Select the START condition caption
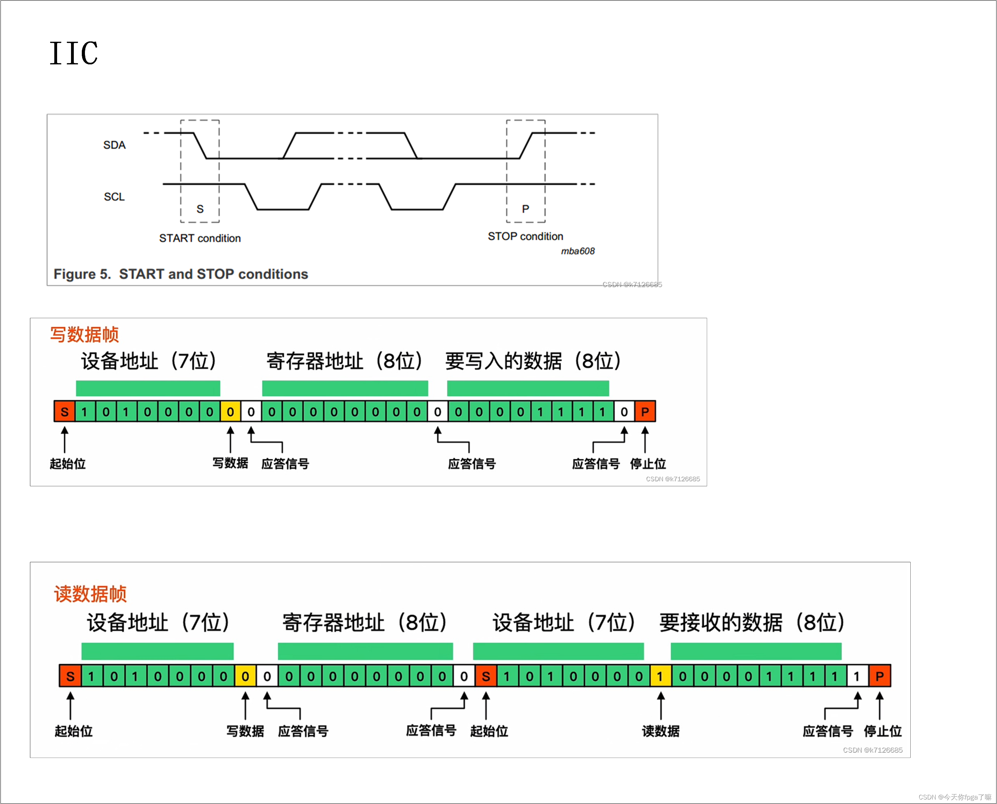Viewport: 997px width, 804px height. (200, 238)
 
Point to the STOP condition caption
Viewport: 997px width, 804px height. (525, 236)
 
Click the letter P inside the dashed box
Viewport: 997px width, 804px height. (525, 209)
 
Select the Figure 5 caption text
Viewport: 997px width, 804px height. (181, 274)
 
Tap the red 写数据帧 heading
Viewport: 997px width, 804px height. (84, 334)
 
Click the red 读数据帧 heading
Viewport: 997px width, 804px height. (91, 594)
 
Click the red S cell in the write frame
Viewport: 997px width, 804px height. (64, 412)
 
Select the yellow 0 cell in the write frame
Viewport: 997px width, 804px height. (230, 412)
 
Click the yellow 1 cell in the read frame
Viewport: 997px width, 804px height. (660, 677)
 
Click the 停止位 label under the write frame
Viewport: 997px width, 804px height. (648, 464)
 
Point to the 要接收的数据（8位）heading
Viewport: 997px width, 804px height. (752, 622)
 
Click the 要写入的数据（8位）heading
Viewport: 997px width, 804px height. (533, 361)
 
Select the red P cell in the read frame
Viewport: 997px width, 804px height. (879, 677)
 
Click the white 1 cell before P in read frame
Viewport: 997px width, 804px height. (857, 677)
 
